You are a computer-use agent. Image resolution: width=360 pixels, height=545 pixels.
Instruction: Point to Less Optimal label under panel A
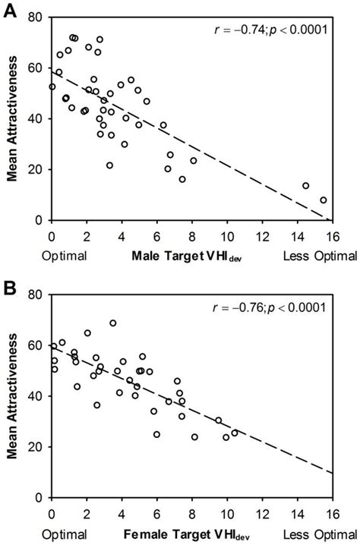[319, 257]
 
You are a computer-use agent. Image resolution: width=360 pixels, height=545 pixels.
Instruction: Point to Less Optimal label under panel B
[319, 534]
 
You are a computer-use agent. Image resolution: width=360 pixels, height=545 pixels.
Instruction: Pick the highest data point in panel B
[113, 323]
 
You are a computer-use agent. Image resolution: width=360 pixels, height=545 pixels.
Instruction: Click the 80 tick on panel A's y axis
[37, 17]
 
